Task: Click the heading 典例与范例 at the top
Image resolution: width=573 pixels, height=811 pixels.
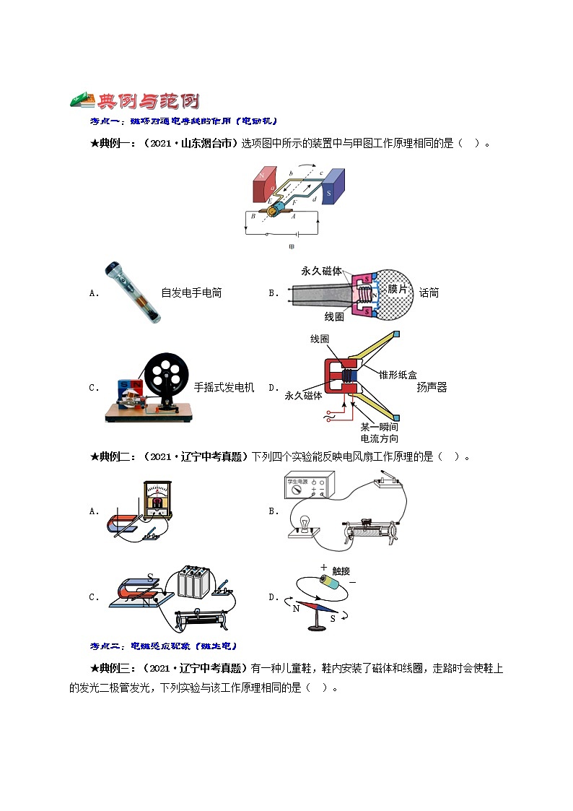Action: tap(135, 101)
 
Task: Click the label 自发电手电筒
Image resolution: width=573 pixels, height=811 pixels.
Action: tap(191, 292)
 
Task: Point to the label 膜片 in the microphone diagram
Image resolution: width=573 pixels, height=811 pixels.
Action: tap(398, 289)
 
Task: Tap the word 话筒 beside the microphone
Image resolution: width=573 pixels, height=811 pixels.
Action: tap(429, 292)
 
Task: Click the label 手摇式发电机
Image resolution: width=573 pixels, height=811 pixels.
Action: tap(224, 387)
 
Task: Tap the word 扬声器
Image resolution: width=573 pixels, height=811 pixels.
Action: tap(432, 387)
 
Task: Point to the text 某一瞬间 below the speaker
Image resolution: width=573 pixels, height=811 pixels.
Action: tap(379, 427)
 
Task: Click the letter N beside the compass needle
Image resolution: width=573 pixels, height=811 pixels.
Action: tap(296, 608)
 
